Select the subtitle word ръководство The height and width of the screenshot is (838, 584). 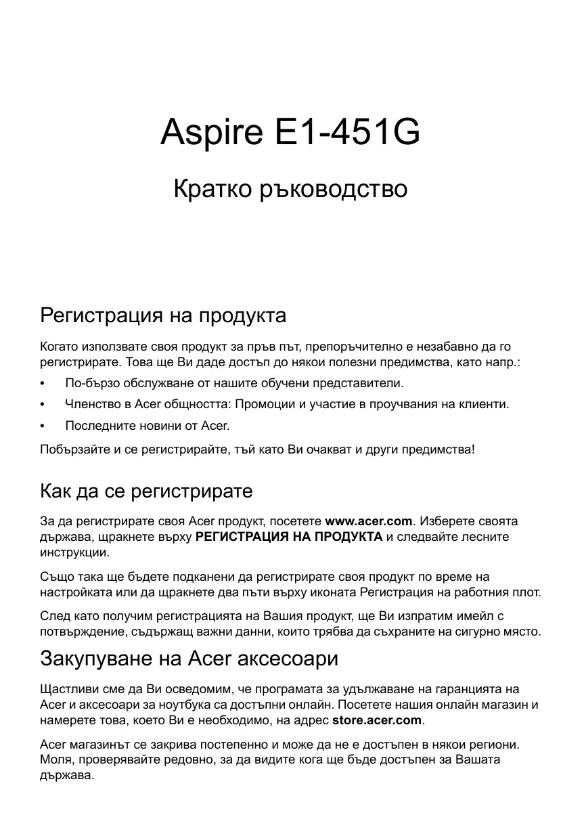point(334,189)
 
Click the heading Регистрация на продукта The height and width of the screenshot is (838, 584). point(163,315)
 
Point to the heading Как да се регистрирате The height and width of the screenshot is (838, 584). point(146,491)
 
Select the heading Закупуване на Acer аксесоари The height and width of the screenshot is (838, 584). point(189,658)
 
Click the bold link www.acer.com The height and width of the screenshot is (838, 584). point(369,521)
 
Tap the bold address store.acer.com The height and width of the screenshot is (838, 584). point(377,720)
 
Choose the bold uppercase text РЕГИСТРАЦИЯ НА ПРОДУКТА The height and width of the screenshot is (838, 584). point(289,537)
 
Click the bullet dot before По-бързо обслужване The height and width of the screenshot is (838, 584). point(43,384)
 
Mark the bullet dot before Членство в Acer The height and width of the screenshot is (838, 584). point(43,405)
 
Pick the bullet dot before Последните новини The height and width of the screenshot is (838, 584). point(43,426)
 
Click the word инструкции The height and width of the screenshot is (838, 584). point(74,552)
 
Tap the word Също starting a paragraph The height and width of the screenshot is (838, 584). point(57,577)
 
